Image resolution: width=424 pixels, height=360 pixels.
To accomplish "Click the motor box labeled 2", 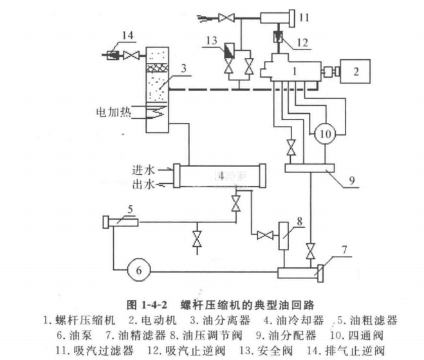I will coord(354,70).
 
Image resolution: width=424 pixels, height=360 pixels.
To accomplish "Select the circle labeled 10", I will coord(324,134).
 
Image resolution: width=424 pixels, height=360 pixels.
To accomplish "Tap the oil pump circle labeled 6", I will coord(138,270).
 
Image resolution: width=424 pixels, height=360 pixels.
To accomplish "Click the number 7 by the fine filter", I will coord(346,249).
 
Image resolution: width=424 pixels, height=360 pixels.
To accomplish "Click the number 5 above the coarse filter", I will coord(129,208).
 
